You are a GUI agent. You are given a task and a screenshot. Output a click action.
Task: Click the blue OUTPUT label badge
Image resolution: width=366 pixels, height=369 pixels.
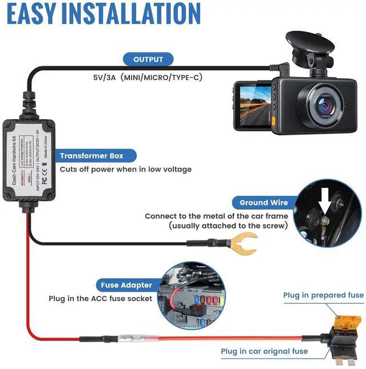coord(148,59)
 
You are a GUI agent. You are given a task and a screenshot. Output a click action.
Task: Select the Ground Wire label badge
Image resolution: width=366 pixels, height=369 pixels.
coord(264,202)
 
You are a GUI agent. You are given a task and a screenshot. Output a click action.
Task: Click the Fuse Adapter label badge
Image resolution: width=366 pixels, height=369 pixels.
coord(126,285)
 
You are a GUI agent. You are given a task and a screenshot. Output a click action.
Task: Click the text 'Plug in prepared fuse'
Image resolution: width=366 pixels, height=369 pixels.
coord(323,295)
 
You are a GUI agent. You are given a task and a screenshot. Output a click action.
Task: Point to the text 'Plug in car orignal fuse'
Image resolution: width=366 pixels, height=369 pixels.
coord(264,351)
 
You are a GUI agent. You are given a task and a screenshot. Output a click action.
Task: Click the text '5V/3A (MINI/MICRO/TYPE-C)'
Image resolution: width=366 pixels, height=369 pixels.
coord(148,77)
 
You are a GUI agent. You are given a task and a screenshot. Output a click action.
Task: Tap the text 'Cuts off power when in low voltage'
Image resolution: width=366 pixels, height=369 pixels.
coord(126,169)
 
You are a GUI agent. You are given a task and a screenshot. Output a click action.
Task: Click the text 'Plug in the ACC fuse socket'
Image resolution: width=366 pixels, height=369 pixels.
coord(101,299)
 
